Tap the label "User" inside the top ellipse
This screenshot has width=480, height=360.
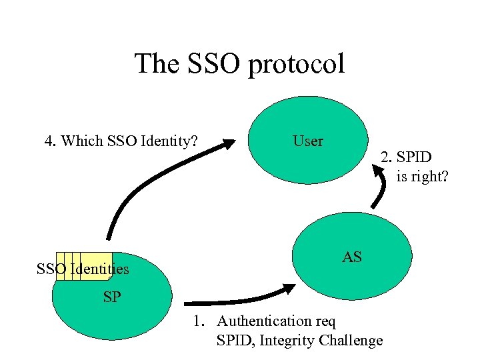(307, 141)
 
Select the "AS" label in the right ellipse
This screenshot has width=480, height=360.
(352, 257)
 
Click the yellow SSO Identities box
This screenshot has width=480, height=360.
(84, 265)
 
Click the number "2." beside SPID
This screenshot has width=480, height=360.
(387, 157)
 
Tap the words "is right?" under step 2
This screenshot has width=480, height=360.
(422, 177)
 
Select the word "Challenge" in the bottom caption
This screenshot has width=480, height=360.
(351, 341)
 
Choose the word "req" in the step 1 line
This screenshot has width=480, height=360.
(325, 322)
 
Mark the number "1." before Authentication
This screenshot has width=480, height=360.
(198, 321)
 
